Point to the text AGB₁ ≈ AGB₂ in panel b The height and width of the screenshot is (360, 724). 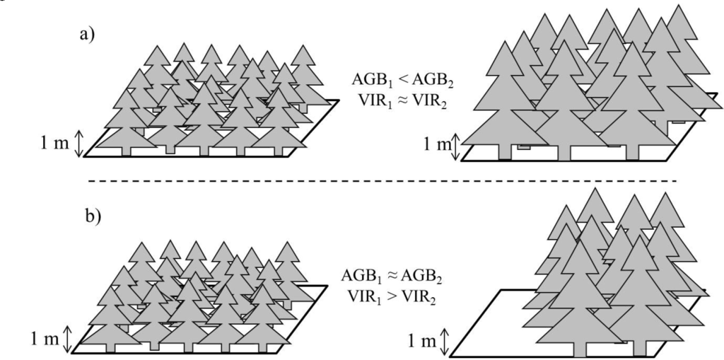tap(393, 274)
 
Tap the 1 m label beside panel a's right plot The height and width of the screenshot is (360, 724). tap(437, 147)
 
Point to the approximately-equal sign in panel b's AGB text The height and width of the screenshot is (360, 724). tap(393, 274)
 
